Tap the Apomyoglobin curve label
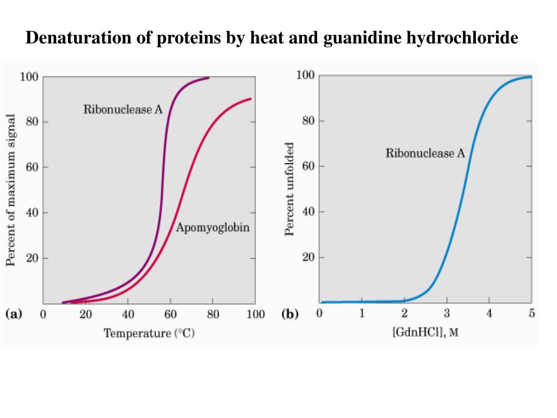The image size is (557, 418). [x=213, y=228]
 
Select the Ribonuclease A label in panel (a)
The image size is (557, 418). [x=122, y=109]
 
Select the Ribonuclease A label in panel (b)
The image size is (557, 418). [x=425, y=153]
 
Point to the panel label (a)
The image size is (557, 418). [x=13, y=314]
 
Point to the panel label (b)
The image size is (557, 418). [x=290, y=314]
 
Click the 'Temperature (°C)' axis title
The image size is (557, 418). [x=148, y=333]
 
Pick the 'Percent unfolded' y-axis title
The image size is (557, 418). [x=289, y=189]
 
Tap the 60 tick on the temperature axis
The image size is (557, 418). [x=170, y=315]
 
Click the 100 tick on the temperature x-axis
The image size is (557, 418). [x=255, y=315]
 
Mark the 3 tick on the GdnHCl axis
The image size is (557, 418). [x=447, y=313]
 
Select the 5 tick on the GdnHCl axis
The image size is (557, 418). [x=531, y=313]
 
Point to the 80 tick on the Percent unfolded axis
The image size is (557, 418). [x=309, y=121]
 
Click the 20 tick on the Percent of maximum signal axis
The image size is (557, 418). [x=32, y=258]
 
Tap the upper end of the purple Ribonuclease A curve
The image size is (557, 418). [x=208, y=78]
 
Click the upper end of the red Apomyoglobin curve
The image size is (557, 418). [x=250, y=99]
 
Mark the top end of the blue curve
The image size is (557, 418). [x=530, y=77]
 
